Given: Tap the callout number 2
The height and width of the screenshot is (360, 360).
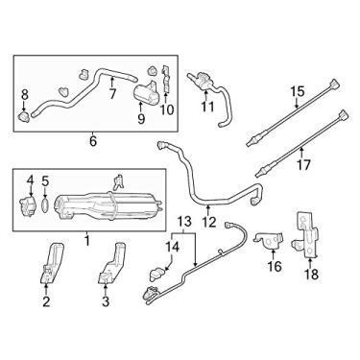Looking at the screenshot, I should click(46, 300).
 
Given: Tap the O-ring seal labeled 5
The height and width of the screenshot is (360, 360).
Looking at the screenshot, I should click(45, 203).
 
